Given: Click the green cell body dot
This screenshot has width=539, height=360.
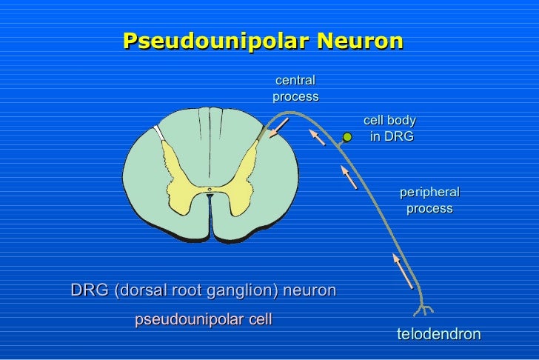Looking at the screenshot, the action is pyautogui.click(x=346, y=136).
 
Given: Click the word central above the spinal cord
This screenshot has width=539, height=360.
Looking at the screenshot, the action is pyautogui.click(x=295, y=80).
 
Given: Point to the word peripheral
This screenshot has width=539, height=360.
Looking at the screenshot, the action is pyautogui.click(x=429, y=192).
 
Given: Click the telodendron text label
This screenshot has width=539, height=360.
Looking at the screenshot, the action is pyautogui.click(x=438, y=334).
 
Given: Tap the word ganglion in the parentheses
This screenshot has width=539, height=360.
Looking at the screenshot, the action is pyautogui.click(x=245, y=290).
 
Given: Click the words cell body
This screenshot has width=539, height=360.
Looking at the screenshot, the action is pyautogui.click(x=389, y=121).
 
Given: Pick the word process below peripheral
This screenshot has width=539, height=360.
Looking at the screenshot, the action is pyautogui.click(x=429, y=208).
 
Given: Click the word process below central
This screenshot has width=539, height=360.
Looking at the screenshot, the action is pyautogui.click(x=295, y=96).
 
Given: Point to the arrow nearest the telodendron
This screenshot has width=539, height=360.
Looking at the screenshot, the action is pyautogui.click(x=403, y=271).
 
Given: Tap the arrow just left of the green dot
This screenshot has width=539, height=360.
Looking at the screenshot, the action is pyautogui.click(x=317, y=137).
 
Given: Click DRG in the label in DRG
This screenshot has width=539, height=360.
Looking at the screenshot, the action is pyautogui.click(x=398, y=137).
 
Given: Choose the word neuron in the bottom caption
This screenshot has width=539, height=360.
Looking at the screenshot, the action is pyautogui.click(x=311, y=290).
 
